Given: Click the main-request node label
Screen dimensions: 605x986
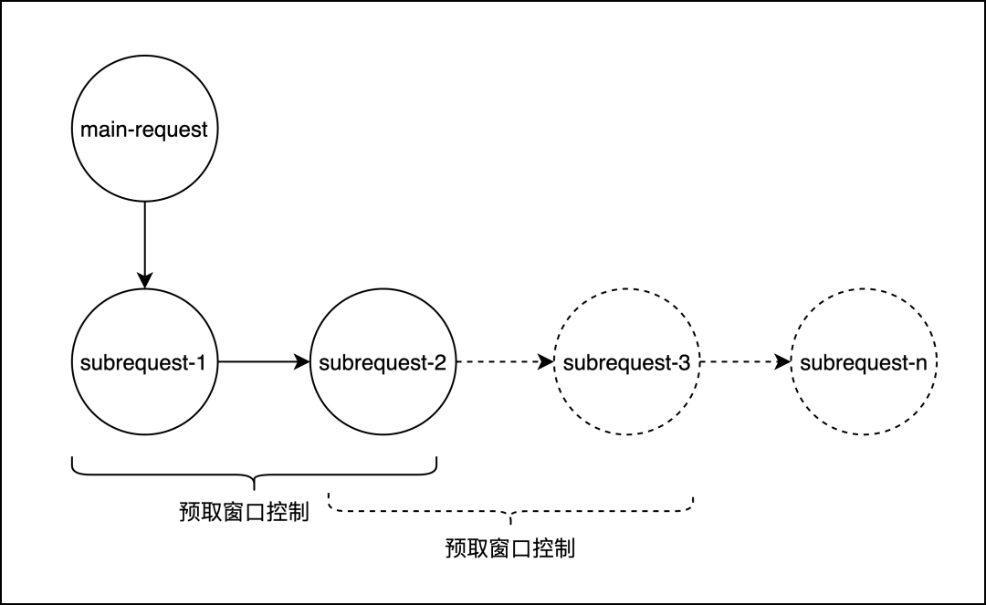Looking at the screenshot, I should click(144, 130).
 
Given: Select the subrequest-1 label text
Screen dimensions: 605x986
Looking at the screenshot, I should click(144, 362).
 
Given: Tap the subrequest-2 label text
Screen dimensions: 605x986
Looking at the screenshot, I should click(383, 362).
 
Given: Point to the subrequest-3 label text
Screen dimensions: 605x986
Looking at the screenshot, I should click(626, 362).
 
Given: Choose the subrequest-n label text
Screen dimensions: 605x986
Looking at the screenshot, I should click(864, 362).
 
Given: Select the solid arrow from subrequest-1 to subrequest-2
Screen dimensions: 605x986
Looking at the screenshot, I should click(260, 362).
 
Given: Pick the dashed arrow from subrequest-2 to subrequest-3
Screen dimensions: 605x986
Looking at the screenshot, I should click(502, 362).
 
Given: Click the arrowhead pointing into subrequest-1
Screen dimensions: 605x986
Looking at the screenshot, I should click(144, 280).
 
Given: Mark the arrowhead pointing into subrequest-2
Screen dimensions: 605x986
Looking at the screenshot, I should click(302, 362).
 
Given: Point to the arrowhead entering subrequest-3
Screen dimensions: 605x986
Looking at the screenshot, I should click(546, 362).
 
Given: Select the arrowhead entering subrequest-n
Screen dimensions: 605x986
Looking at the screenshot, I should click(783, 362).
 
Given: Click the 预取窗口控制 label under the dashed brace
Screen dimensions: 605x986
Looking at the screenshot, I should click(510, 548).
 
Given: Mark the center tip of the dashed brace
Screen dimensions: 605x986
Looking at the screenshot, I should click(510, 521).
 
